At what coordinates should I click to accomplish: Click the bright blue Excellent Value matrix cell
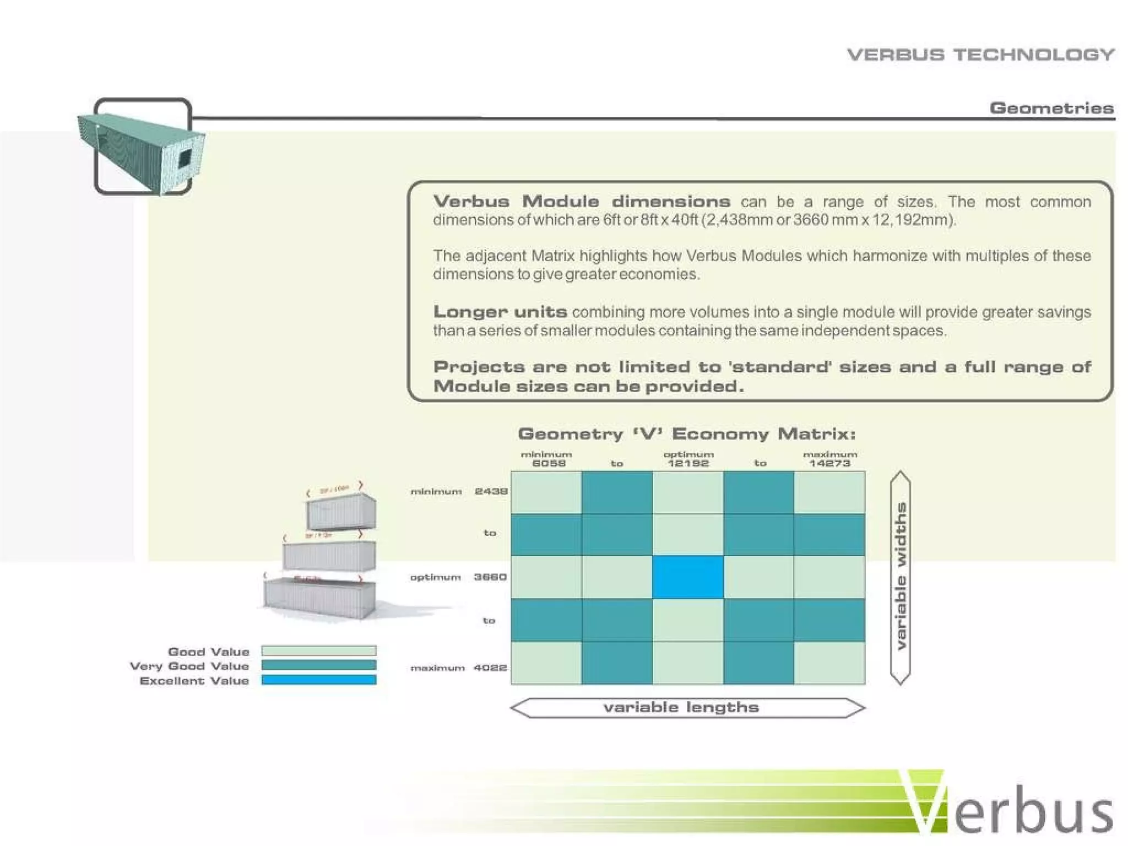[x=687, y=577]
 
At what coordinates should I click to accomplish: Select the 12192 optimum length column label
[x=688, y=463]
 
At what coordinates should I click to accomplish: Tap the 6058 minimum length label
[x=549, y=463]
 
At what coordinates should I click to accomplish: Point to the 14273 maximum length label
[x=829, y=463]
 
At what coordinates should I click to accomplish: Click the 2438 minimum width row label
[x=491, y=491]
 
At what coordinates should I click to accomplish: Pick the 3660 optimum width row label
[x=490, y=577]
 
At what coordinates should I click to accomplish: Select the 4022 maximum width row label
[x=490, y=668]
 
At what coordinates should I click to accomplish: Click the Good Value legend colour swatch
[x=319, y=650]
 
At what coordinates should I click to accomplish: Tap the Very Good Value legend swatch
[x=319, y=665]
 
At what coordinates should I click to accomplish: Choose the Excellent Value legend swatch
[x=319, y=680]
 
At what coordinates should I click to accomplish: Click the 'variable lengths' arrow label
[x=681, y=707]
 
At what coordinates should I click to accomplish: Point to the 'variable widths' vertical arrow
[x=901, y=577]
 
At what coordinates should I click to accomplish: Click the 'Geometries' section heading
[x=1051, y=107]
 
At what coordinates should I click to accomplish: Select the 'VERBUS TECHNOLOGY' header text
[x=980, y=55]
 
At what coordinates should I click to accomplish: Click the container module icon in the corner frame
[x=142, y=148]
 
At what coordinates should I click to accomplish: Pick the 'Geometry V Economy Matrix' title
[x=687, y=434]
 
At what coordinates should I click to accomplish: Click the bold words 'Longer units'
[x=500, y=312]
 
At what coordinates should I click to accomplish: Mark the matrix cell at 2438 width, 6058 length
[x=546, y=492]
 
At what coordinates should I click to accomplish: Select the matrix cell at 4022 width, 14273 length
[x=829, y=663]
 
